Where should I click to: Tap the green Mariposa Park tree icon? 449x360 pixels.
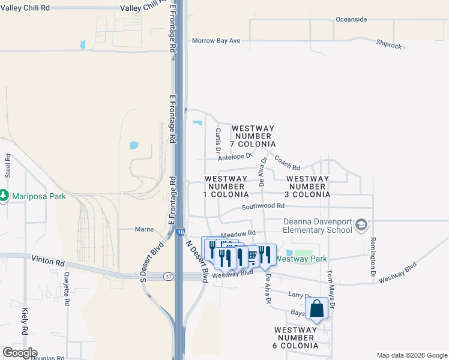pyautogui.click(x=4, y=196)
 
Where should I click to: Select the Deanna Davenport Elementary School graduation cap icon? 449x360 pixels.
pyautogui.click(x=361, y=226)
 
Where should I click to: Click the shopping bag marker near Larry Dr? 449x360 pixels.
pyautogui.click(x=317, y=308)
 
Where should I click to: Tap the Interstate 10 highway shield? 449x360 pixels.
pyautogui.click(x=181, y=232)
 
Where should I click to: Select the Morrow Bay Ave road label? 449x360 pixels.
pyautogui.click(x=216, y=41)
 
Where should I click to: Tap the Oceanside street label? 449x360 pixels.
pyautogui.click(x=351, y=19)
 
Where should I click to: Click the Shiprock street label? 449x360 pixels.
pyautogui.click(x=390, y=43)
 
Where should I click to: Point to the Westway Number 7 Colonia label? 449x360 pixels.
pyautogui.click(x=253, y=136)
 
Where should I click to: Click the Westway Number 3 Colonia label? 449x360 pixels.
pyautogui.click(x=307, y=187)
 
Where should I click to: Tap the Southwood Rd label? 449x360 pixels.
pyautogui.click(x=262, y=207)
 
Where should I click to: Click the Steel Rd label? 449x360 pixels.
pyautogui.click(x=8, y=166)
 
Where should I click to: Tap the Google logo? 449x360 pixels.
pyautogui.click(x=20, y=353)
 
